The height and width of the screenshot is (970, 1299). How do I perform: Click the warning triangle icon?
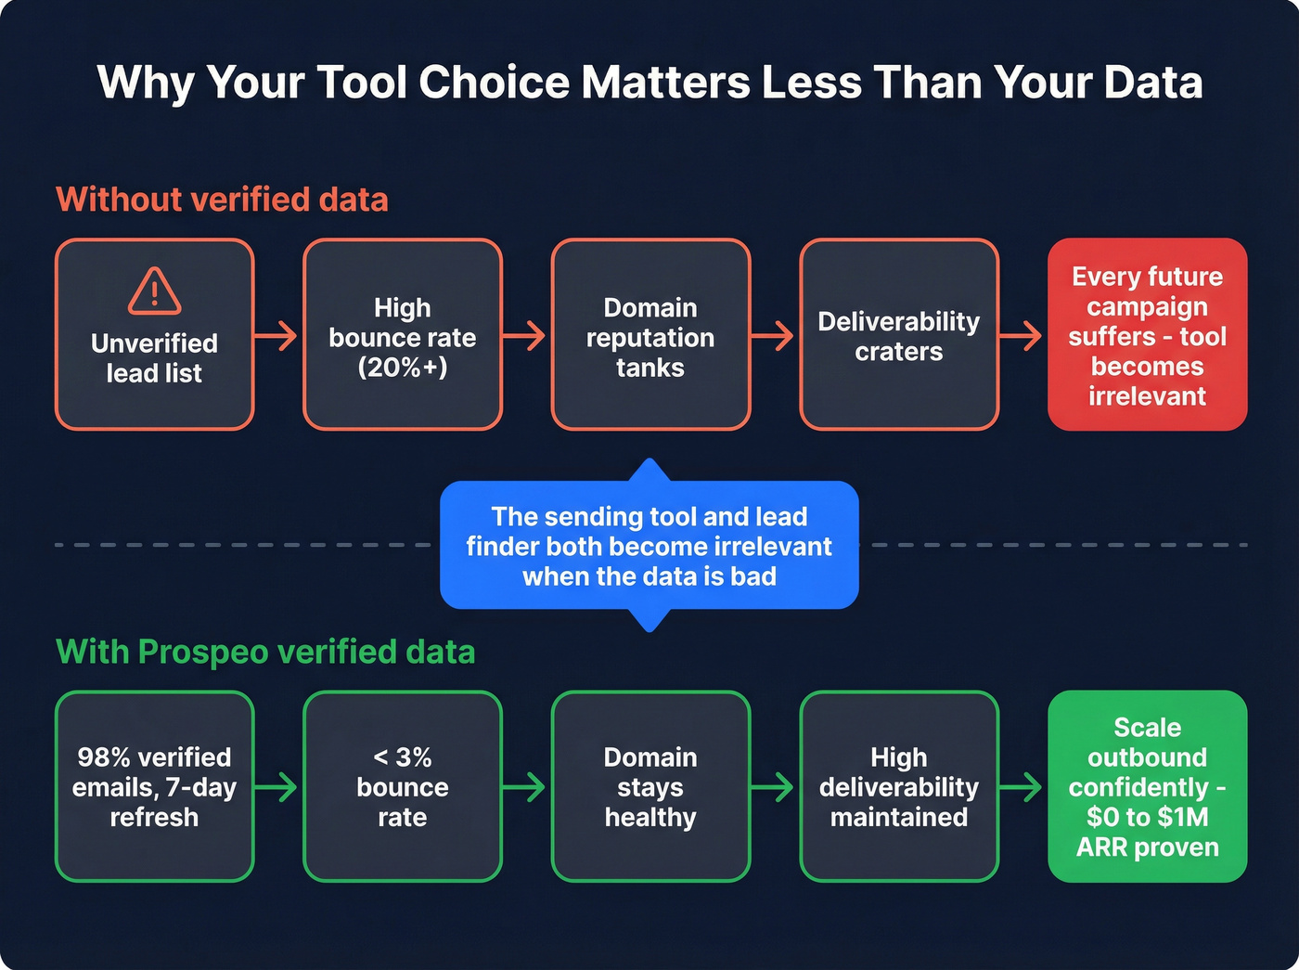(x=154, y=291)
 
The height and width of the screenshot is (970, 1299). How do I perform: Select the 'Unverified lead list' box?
(x=154, y=356)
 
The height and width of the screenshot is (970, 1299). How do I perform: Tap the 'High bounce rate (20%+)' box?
(x=403, y=335)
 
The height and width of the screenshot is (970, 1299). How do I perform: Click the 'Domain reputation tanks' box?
(x=650, y=335)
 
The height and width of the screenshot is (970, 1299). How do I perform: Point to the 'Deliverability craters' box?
(x=898, y=335)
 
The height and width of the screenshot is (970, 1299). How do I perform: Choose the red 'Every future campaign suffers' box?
(x=1147, y=335)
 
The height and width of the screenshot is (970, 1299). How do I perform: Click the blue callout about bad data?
(x=649, y=546)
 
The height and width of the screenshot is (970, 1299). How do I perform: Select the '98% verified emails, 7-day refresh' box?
(x=154, y=786)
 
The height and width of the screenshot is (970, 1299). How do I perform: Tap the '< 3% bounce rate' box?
(x=403, y=786)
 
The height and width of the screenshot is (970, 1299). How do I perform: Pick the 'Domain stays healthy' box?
(x=650, y=786)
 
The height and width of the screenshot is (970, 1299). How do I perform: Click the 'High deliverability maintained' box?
(x=898, y=786)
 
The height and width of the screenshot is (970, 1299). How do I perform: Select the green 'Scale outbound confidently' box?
(x=1147, y=786)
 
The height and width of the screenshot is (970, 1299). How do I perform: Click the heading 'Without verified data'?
(x=222, y=200)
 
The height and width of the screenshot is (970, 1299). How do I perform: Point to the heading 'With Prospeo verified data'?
(x=265, y=652)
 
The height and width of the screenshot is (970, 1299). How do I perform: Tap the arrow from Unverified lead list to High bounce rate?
(x=277, y=335)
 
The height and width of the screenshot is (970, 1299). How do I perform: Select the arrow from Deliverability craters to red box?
(x=1022, y=335)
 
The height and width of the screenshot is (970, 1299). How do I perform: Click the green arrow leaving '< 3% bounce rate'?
(x=525, y=787)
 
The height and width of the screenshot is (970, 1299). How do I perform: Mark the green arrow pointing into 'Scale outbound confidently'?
(x=1022, y=787)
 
